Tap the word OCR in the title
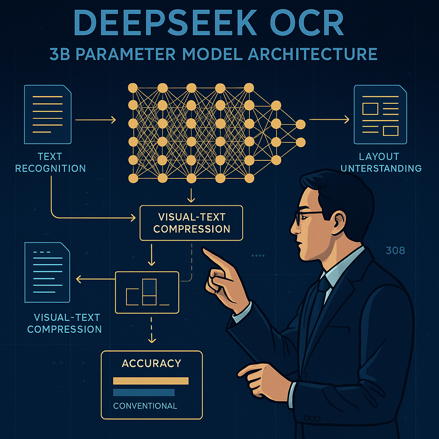click(x=308, y=24)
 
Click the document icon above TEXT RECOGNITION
click(x=48, y=114)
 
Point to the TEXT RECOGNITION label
click(x=50, y=162)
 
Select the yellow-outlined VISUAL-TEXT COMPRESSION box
click(x=191, y=223)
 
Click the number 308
click(x=395, y=250)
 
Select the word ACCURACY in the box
click(x=151, y=364)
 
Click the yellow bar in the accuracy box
click(x=150, y=381)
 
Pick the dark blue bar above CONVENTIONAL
click(x=144, y=392)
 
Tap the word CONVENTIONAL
click(x=145, y=406)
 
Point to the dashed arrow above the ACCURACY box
click(x=151, y=330)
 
